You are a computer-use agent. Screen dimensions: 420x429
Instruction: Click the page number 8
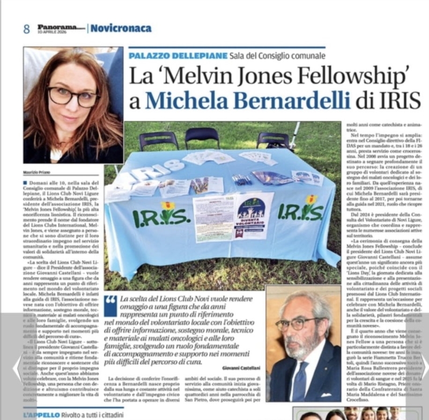click(26, 29)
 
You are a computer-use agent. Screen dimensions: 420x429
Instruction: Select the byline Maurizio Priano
click(37, 172)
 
